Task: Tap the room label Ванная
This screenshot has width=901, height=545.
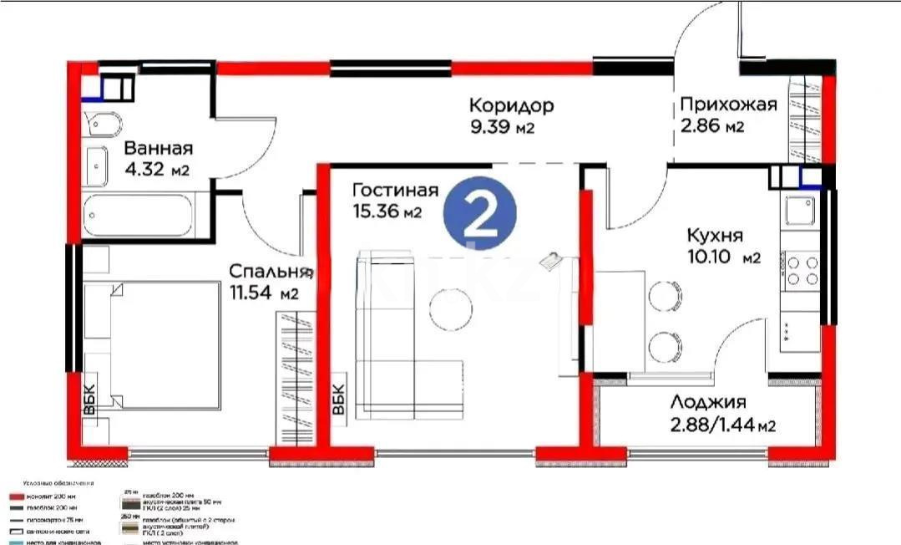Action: (x=158, y=149)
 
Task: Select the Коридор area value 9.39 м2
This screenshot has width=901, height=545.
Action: (x=501, y=128)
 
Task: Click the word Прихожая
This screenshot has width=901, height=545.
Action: (x=728, y=104)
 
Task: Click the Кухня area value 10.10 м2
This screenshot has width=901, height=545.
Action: (x=723, y=257)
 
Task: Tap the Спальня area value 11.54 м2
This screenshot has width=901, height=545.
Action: (x=264, y=293)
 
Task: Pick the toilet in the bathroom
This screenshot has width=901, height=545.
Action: (x=104, y=125)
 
